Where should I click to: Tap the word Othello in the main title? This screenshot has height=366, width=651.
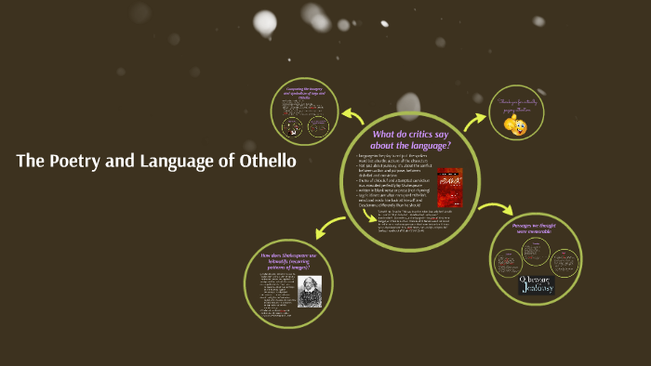[264, 162]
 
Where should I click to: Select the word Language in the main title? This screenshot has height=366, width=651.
[177, 162]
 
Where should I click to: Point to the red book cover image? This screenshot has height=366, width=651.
[450, 185]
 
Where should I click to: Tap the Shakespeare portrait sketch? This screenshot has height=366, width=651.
[310, 291]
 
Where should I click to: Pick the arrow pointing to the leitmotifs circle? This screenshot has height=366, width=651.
[331, 225]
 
